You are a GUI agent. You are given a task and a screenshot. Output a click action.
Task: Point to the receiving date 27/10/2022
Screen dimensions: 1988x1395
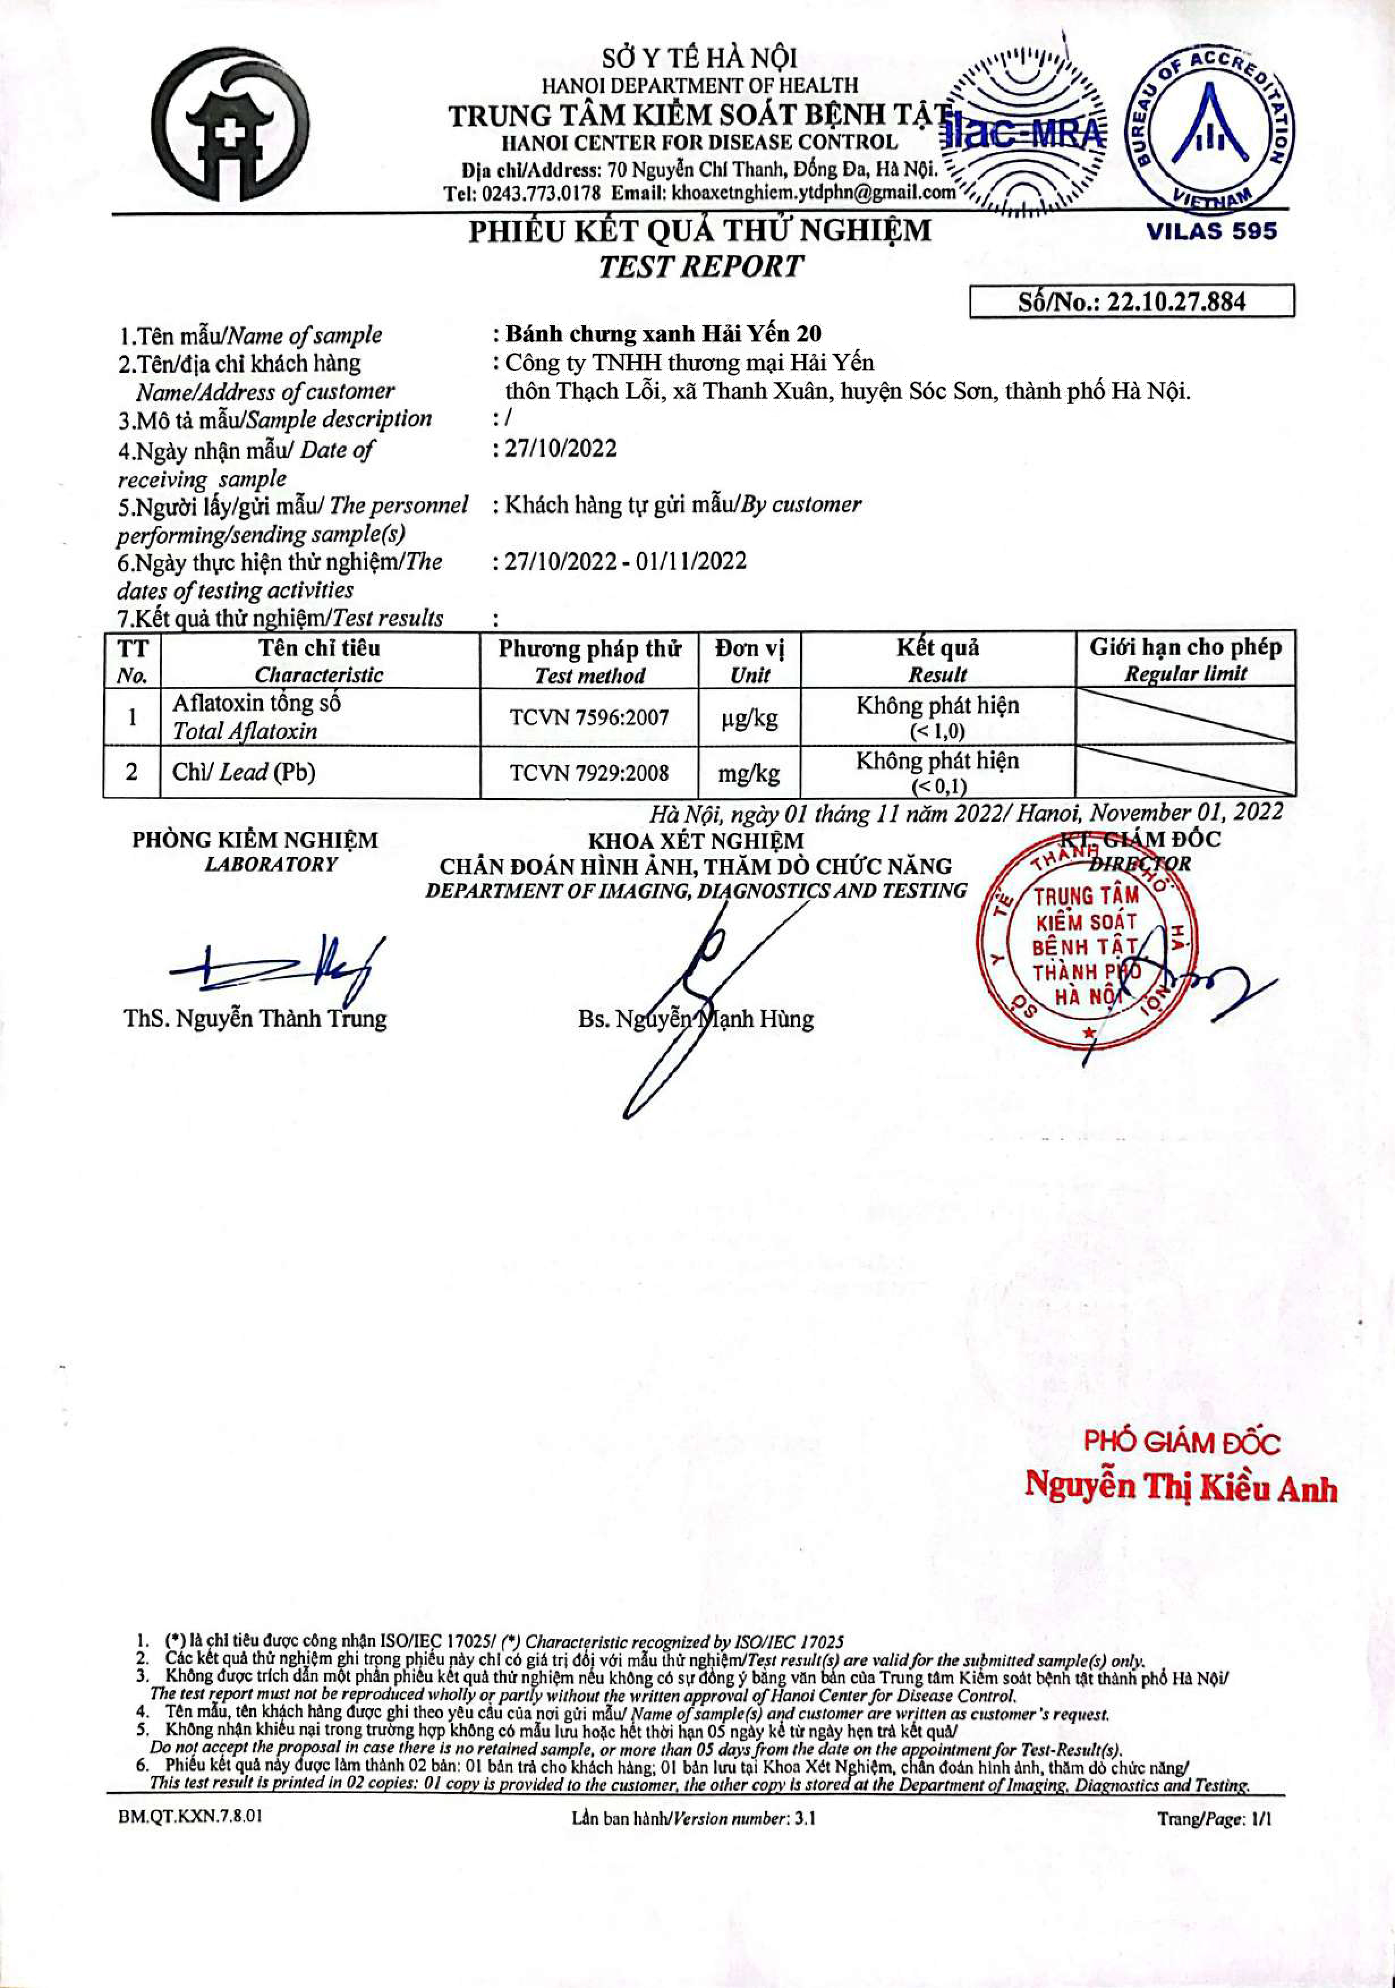click(560, 448)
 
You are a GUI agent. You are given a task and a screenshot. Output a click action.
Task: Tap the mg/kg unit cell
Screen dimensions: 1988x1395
click(749, 772)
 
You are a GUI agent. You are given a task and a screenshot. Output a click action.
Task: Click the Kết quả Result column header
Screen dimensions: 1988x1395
click(938, 660)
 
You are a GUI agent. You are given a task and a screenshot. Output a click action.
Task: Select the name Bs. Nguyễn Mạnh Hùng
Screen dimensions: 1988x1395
click(696, 1019)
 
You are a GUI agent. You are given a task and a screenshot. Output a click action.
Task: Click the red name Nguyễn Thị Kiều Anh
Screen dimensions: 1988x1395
click(1181, 1486)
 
